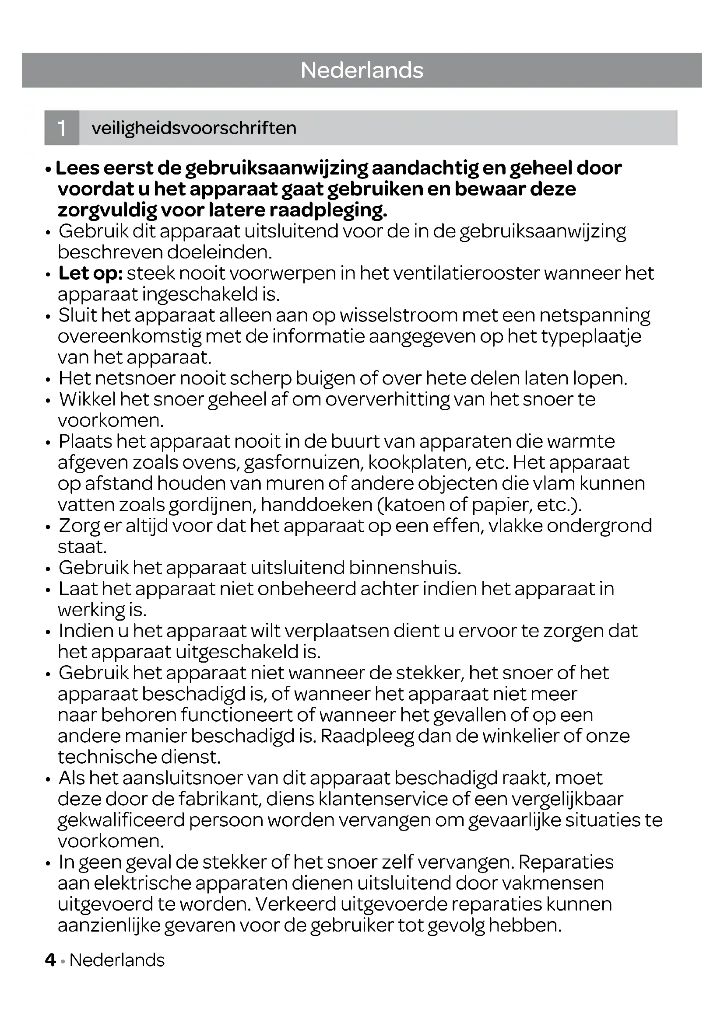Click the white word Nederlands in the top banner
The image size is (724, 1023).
[x=362, y=70]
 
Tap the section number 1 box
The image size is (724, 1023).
[x=62, y=128]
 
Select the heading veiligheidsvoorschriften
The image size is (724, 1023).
[x=194, y=128]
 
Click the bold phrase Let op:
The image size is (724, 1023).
[x=91, y=273]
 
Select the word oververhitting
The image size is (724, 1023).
[x=387, y=400]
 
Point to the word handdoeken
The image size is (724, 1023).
[x=316, y=505]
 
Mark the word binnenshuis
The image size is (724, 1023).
[x=405, y=568]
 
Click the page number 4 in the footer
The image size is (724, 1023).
[x=50, y=960]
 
